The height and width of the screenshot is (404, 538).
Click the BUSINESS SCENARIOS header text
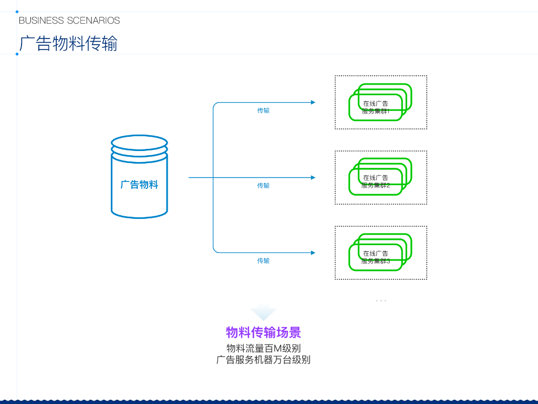tap(69, 21)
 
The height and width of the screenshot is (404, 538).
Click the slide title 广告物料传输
tap(68, 43)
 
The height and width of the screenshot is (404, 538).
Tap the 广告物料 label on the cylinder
tap(139, 185)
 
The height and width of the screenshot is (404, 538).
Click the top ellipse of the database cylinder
tap(139, 143)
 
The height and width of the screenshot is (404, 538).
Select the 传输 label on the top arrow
tap(263, 110)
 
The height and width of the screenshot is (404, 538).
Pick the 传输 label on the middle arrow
tap(263, 186)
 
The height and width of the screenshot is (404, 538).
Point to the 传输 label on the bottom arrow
tap(263, 261)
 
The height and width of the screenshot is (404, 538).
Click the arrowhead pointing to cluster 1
tap(313, 102)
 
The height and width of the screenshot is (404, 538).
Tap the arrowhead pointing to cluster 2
tap(313, 178)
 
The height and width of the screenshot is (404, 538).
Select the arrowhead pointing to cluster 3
tap(313, 253)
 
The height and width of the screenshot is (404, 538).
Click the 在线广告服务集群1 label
tap(376, 107)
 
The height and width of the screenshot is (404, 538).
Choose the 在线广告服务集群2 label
tap(376, 181)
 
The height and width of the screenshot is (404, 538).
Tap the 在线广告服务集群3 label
tap(376, 257)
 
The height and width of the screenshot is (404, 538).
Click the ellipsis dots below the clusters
tap(381, 300)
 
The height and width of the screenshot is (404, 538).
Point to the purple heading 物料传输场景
tap(263, 332)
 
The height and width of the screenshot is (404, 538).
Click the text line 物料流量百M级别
tap(263, 348)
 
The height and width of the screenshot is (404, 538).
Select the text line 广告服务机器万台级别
tap(263, 360)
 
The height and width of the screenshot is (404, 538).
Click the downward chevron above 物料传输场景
tap(263, 312)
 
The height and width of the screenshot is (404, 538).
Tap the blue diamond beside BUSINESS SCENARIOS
tap(17, 12)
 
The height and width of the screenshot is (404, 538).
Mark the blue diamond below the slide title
tap(17, 54)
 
